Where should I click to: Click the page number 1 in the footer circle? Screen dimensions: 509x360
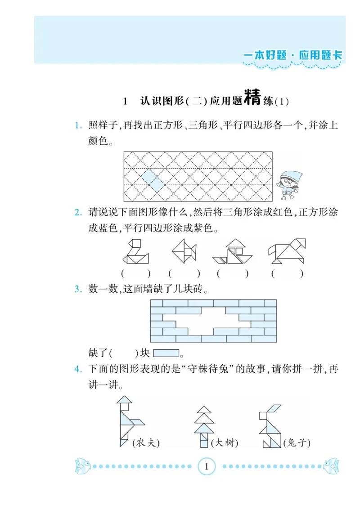click(x=207, y=466)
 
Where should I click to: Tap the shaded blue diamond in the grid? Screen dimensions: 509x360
click(x=153, y=180)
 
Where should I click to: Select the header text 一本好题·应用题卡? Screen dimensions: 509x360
click(x=292, y=55)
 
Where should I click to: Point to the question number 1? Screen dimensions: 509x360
click(x=78, y=125)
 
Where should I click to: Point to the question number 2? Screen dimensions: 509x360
click(x=78, y=212)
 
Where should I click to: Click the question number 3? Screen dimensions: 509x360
click(x=78, y=289)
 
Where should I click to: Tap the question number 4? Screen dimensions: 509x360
click(x=78, y=370)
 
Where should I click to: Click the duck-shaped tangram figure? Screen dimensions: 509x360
click(x=135, y=252)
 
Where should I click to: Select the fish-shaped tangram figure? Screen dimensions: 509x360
click(x=184, y=251)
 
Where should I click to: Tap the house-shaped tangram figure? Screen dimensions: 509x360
click(x=233, y=252)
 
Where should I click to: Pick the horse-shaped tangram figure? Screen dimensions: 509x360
click(x=287, y=251)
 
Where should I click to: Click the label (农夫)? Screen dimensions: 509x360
click(x=146, y=443)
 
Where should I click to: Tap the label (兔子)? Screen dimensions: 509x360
click(x=297, y=443)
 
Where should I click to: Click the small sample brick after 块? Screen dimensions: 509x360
click(x=166, y=353)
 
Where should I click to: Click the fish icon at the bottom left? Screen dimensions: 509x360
click(x=83, y=466)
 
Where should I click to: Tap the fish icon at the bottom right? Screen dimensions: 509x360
click(x=331, y=466)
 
